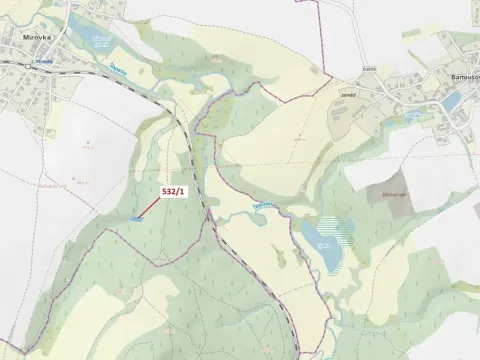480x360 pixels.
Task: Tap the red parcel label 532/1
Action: [x=174, y=190]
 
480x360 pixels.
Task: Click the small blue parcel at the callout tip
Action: [x=135, y=217]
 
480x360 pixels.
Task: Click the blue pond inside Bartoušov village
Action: [x=452, y=101]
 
